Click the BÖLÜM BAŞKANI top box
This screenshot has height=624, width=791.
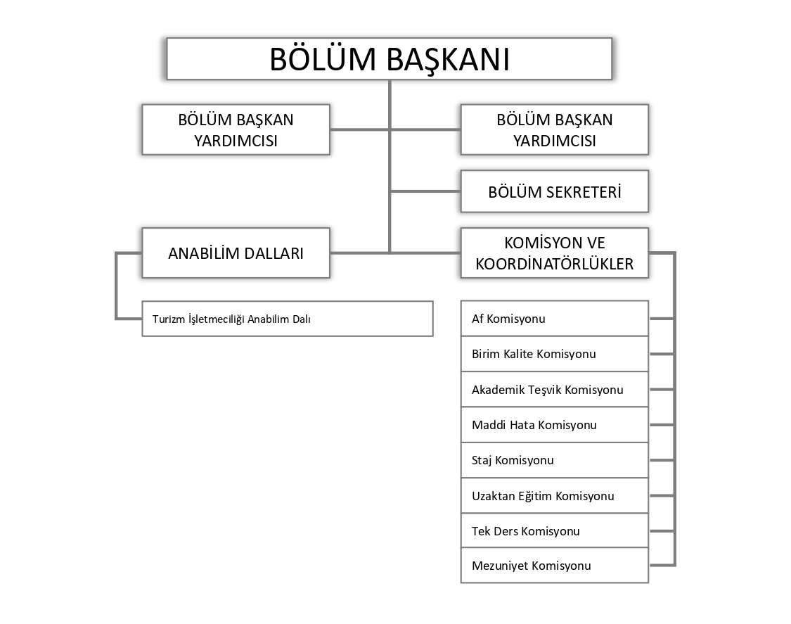(389, 59)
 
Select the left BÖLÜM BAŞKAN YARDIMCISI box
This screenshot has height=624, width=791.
(236, 129)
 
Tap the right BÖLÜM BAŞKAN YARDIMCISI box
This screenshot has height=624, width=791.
(554, 129)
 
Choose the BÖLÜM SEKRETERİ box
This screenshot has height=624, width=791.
(554, 191)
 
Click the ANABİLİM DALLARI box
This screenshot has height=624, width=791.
(236, 253)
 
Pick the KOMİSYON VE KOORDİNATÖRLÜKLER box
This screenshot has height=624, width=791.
(554, 253)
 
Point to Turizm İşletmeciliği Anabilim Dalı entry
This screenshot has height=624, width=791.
(287, 319)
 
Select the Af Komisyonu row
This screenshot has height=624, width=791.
(554, 319)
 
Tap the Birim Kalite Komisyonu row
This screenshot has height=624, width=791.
(554, 354)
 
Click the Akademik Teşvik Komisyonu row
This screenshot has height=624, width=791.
(554, 389)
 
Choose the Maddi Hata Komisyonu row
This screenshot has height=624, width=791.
(554, 425)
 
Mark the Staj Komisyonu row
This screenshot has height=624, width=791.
(554, 460)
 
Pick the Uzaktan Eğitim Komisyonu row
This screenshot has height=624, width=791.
(554, 496)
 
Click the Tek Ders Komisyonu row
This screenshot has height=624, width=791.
(554, 531)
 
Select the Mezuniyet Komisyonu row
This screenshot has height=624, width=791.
(554, 566)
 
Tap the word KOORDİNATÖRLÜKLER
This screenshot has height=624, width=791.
(555, 265)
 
